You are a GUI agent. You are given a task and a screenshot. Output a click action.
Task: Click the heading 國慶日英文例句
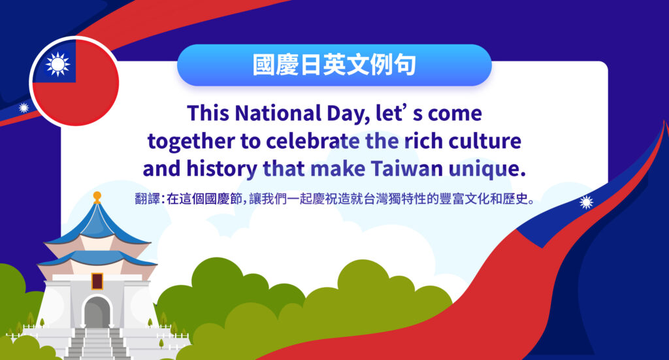tap(334, 65)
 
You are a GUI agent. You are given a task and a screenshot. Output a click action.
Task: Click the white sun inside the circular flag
tap(57, 63)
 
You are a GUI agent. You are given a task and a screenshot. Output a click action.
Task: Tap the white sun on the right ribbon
tap(586, 203)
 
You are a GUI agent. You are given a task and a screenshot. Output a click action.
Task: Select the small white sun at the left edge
tap(24, 108)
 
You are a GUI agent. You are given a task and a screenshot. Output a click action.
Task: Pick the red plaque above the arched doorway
tap(97, 282)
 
